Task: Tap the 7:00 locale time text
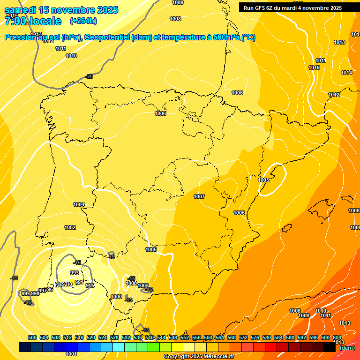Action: pyautogui.click(x=33, y=21)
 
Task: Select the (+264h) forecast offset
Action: pyautogui.click(x=83, y=21)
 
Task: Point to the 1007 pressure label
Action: pyautogui.click(x=199, y=196)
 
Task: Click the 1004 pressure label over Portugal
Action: pyautogui.click(x=79, y=204)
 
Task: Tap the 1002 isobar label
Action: pyautogui.click(x=70, y=227)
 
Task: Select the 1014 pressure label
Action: pyautogui.click(x=346, y=73)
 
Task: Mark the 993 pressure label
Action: pyautogui.click(x=74, y=273)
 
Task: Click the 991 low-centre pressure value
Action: pyautogui.click(x=79, y=282)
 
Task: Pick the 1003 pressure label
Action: pyautogui.click(x=143, y=286)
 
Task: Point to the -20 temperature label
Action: pyautogui.click(x=89, y=76)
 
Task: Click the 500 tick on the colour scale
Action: pyautogui.click(x=32, y=337)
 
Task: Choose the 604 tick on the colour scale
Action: pyautogui.click(x=337, y=337)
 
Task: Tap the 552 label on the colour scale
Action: pyautogui.click(x=185, y=337)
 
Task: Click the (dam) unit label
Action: pyautogui.click(x=347, y=347)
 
